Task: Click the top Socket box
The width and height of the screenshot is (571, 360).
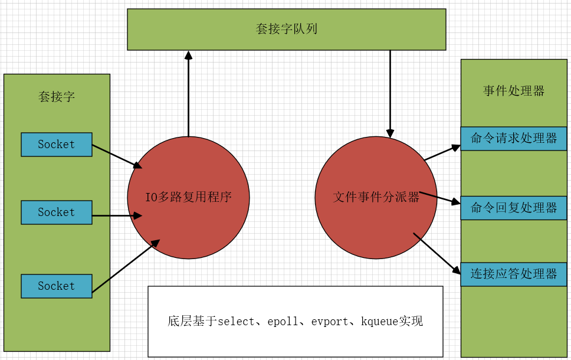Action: tap(57, 145)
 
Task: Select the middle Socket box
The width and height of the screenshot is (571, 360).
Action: tap(57, 212)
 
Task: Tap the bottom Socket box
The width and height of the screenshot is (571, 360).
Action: tap(57, 286)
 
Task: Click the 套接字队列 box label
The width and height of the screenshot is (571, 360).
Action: tap(287, 29)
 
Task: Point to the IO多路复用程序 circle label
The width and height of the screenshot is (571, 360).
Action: tap(188, 197)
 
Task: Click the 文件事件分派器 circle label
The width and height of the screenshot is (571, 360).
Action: tap(376, 197)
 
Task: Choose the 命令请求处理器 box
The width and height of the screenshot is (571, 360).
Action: tap(514, 139)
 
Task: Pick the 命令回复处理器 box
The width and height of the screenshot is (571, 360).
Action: tap(514, 208)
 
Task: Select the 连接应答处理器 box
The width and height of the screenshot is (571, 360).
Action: tap(514, 274)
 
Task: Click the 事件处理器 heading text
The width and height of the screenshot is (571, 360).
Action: tap(514, 91)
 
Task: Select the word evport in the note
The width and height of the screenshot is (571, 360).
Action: tap(330, 322)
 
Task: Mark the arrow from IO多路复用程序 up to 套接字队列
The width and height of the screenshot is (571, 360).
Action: tap(188, 94)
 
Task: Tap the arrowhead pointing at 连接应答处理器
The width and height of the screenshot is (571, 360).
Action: tap(457, 271)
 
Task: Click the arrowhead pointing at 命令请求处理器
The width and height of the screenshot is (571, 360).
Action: tap(456, 146)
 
